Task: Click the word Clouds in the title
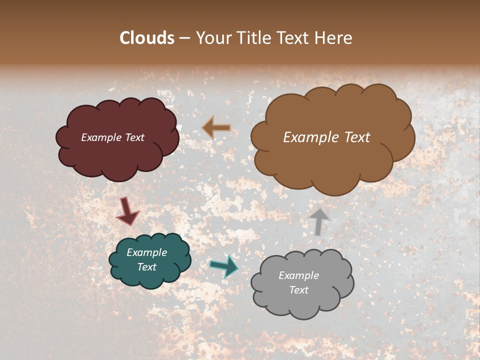click(x=147, y=38)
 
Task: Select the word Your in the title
click(x=214, y=38)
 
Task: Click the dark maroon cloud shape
click(x=117, y=160)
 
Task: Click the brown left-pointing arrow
click(x=216, y=128)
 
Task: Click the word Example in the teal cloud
click(x=147, y=252)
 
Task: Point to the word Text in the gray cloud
click(x=299, y=290)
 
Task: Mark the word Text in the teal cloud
click(x=147, y=267)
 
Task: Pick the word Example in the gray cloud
click(x=299, y=275)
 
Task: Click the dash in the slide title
click(x=184, y=38)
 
